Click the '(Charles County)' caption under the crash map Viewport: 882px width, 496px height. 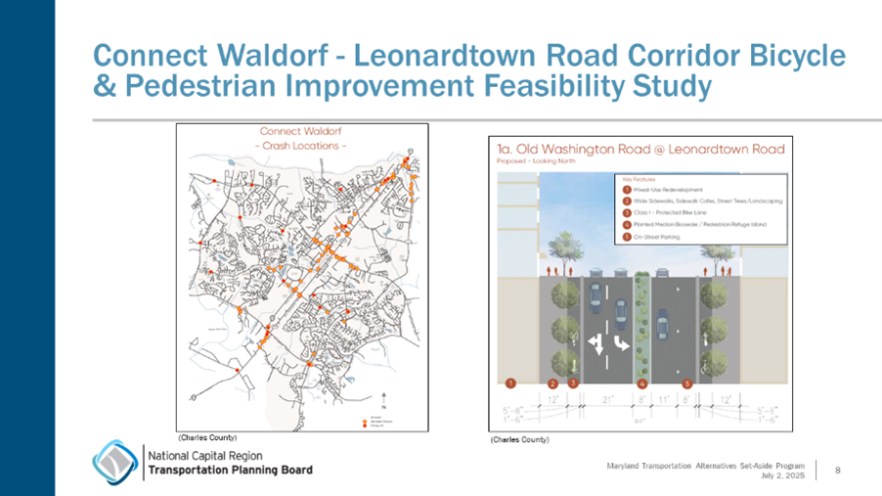coord(207,435)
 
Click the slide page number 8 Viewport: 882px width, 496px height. coord(838,471)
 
